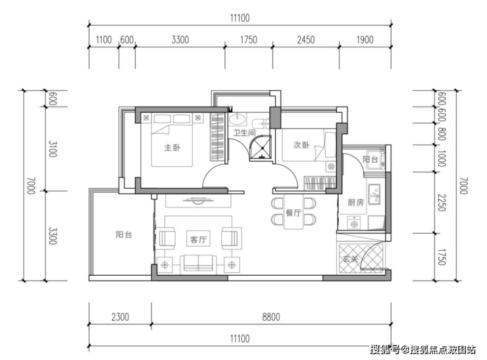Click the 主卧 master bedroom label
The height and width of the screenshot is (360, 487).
(x=172, y=147)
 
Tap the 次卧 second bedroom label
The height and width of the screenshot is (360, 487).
(x=301, y=145)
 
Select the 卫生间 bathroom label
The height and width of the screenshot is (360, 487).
(x=244, y=133)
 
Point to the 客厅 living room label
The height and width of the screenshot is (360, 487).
(x=198, y=240)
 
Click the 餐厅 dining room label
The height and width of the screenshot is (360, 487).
(x=294, y=213)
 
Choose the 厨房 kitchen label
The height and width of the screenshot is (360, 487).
(x=355, y=203)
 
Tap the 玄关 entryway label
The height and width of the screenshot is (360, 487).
(x=351, y=259)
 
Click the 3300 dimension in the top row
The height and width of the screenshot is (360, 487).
(x=180, y=39)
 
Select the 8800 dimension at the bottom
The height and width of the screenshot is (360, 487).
(x=271, y=317)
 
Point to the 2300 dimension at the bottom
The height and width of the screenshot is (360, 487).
(x=120, y=317)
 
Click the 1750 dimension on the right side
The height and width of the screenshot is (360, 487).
(x=442, y=257)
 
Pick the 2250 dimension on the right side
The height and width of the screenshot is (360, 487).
(x=442, y=203)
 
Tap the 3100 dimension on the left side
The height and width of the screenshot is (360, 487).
(x=52, y=149)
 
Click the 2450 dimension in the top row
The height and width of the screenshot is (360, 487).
(x=306, y=39)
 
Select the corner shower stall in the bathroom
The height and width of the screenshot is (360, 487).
(x=260, y=148)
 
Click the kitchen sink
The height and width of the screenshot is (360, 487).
(x=374, y=194)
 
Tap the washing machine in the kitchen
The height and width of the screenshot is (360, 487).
(x=353, y=222)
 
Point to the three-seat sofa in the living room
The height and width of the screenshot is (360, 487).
(x=198, y=264)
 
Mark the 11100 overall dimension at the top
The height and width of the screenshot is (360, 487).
(x=240, y=18)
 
